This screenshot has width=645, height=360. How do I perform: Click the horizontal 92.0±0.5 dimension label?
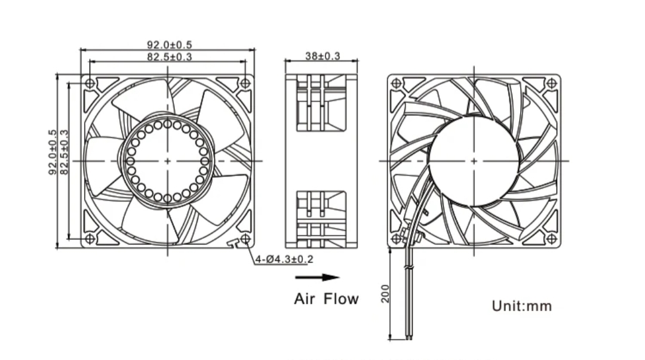(170, 44)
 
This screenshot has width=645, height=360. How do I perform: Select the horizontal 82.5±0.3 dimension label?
(170, 56)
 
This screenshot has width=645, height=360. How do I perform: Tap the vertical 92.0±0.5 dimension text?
(53, 152)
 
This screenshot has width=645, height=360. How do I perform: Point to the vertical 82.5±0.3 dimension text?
(64, 152)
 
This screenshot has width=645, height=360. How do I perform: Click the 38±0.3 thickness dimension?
(322, 56)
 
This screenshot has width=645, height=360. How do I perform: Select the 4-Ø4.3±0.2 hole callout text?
(284, 259)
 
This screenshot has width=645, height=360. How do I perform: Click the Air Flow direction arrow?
(317, 277)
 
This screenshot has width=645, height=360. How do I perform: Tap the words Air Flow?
(326, 299)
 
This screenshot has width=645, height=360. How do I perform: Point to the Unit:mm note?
(521, 306)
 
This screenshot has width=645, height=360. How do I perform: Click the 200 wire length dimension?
(385, 293)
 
